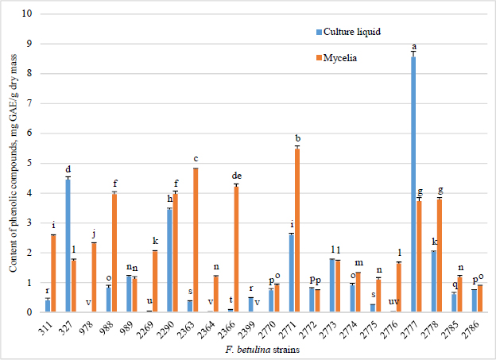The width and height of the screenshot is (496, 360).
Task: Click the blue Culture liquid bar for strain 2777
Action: coord(414,184)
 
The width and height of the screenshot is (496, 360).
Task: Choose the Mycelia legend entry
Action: coord(338,57)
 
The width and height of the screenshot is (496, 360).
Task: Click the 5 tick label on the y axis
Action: coord(31,163)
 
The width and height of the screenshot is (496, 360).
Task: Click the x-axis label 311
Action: coord(50,324)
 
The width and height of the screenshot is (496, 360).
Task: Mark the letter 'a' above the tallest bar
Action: coord(414,47)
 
